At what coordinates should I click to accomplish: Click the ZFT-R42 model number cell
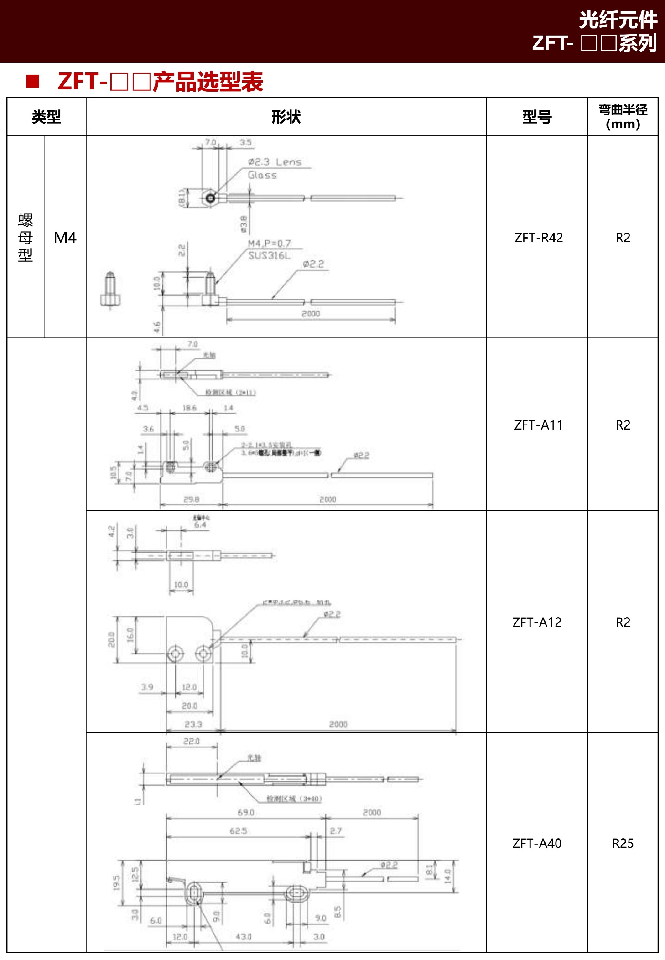538,238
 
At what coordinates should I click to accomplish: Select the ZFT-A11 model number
538,425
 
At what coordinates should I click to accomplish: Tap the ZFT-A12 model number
537,622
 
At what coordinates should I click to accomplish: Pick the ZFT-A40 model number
537,843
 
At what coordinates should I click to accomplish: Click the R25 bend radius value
622,843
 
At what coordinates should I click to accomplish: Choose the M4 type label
65,238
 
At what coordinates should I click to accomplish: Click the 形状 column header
286,117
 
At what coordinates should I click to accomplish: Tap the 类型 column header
46,117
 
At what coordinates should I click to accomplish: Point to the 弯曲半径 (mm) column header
622,117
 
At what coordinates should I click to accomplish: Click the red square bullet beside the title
33,81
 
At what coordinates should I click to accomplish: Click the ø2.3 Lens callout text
275,162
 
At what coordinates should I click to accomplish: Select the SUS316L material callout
269,256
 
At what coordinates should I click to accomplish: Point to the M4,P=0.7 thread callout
269,243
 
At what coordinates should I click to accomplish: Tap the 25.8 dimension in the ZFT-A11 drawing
191,499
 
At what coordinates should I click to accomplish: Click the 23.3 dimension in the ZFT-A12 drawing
193,724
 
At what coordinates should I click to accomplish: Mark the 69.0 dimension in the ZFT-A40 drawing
246,812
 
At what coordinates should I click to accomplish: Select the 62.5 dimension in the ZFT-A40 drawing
238,831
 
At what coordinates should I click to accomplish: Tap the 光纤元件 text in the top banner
618,20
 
